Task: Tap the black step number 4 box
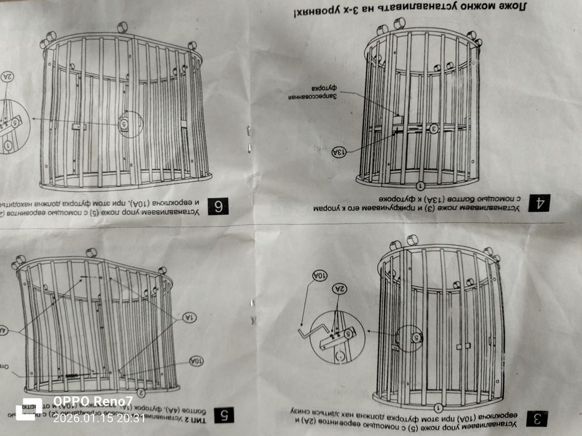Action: [x=539, y=202]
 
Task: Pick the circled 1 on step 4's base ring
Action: [x=420, y=185]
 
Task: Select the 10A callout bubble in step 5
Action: [x=195, y=361]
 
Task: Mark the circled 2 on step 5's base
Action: [x=142, y=392]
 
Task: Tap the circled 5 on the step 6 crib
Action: [x=124, y=125]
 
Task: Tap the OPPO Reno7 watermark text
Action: [x=92, y=401]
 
